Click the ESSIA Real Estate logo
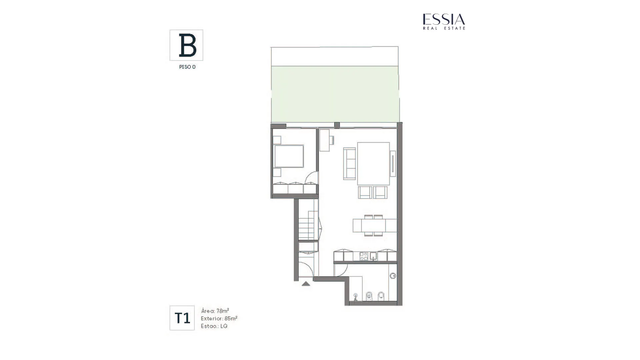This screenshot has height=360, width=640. click(x=444, y=22)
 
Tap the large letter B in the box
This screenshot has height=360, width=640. click(x=187, y=45)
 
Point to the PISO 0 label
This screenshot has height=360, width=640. click(x=187, y=67)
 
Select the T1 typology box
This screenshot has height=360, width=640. click(x=182, y=318)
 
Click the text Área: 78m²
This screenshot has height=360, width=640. click(x=215, y=311)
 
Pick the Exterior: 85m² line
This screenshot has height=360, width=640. click(x=219, y=318)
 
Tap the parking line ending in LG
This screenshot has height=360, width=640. click(x=214, y=326)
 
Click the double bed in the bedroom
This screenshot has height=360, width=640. click(x=289, y=156)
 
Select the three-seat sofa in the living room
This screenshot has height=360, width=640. click(x=350, y=163)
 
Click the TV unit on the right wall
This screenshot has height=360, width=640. click(x=393, y=163)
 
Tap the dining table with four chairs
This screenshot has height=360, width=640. click(x=375, y=225)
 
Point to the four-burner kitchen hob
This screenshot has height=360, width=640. click(x=364, y=256)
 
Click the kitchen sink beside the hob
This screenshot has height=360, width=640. click(x=373, y=256)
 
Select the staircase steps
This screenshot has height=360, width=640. click(x=308, y=225)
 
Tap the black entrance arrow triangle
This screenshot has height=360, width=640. click(x=306, y=284)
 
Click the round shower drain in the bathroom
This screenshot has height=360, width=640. click(x=393, y=276)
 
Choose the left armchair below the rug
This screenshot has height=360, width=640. click(x=365, y=192)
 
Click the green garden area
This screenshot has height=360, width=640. click(x=335, y=94)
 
